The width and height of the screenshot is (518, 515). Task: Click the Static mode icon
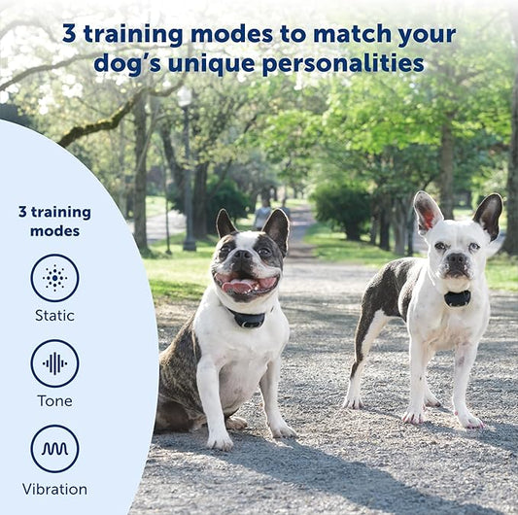click(54, 278)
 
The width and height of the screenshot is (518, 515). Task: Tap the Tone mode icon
click(54, 363)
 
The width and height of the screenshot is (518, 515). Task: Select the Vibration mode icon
click(54, 449)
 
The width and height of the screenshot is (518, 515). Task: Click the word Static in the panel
click(54, 316)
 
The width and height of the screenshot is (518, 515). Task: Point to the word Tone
click(54, 401)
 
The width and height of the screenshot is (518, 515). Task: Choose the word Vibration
click(54, 489)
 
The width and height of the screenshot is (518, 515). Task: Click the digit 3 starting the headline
click(69, 34)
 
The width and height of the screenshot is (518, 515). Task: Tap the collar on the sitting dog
click(248, 319)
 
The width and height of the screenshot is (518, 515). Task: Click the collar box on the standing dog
click(457, 298)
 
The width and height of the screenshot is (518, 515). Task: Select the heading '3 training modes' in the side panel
click(54, 221)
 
